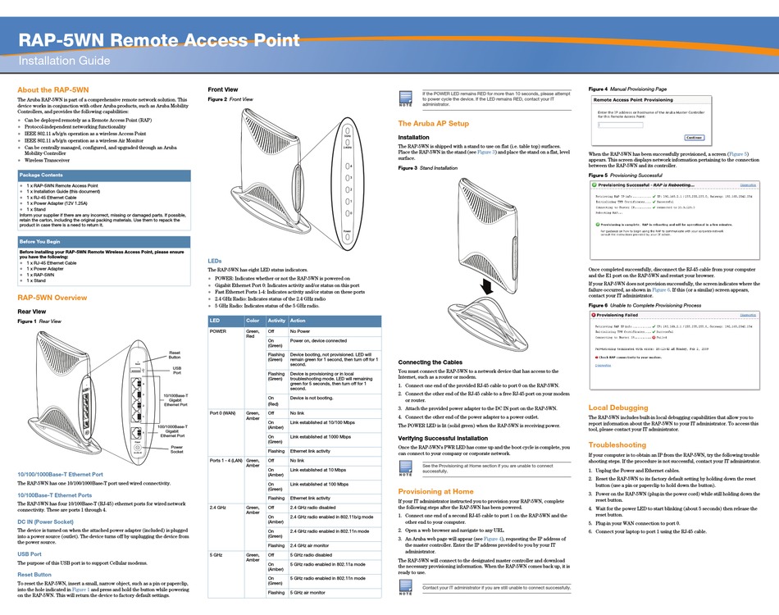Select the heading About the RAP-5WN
pyautogui.click(x=53, y=89)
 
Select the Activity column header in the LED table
pyautogui.click(x=276, y=321)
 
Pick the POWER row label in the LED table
pyautogui.click(x=219, y=331)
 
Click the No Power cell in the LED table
pyautogui.click(x=299, y=331)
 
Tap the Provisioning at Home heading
pyautogui.click(x=438, y=490)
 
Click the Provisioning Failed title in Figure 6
pyautogui.click(x=617, y=315)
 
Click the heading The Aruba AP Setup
pyautogui.click(x=433, y=123)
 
